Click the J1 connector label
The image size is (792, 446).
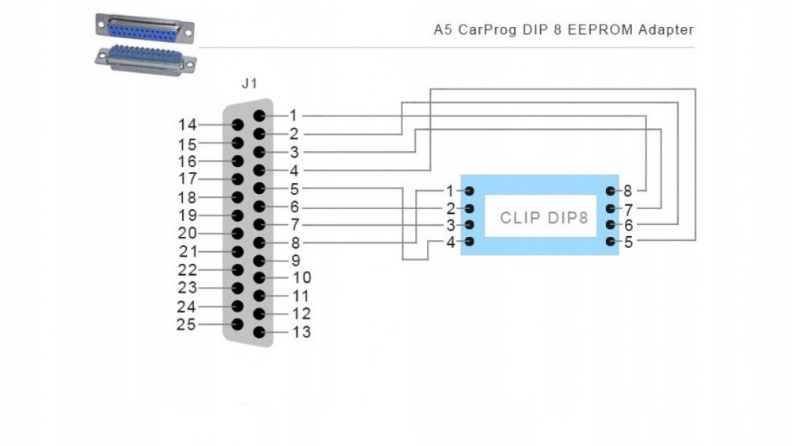coord(249,83)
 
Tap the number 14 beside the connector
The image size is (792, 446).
coord(187,124)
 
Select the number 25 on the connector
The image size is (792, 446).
coord(187,324)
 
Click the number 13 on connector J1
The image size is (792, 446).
coord(301,332)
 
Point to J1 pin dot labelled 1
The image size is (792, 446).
coord(259,116)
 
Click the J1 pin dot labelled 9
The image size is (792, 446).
coord(259,260)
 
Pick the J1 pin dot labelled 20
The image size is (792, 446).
coord(237,234)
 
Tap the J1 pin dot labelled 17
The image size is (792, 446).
coord(237,179)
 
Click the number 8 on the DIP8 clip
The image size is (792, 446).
coord(627,191)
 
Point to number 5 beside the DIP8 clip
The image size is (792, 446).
coord(628,242)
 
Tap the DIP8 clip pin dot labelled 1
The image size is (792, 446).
coord(469,191)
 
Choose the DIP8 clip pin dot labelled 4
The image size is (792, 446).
coord(469,242)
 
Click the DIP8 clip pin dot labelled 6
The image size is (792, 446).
coord(611,225)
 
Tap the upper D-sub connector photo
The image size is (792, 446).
coord(145,28)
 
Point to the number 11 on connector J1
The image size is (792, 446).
coord(301,295)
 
